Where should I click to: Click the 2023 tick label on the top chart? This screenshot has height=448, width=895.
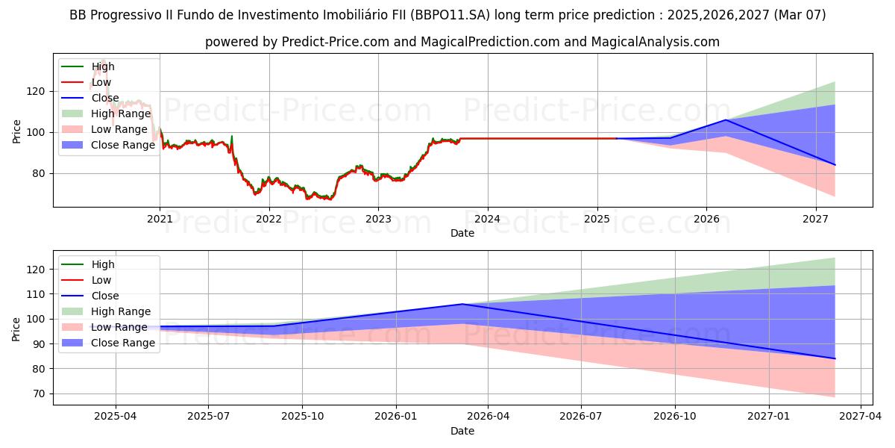tap(378, 219)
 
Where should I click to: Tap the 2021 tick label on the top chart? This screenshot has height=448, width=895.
tap(160, 219)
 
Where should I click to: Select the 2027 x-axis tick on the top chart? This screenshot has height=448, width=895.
tap(816, 219)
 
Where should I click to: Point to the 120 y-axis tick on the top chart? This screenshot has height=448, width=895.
tap(39, 91)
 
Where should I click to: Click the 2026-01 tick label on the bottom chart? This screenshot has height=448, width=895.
tap(396, 417)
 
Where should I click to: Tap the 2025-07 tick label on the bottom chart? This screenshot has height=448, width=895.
tap(209, 417)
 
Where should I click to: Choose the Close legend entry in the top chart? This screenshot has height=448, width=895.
tap(104, 98)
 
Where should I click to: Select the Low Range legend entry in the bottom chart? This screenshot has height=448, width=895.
tap(119, 327)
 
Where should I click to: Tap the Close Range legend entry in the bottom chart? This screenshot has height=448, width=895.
tap(122, 343)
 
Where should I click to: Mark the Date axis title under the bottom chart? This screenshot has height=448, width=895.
tap(462, 431)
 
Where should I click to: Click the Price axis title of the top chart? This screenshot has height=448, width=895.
tap(16, 131)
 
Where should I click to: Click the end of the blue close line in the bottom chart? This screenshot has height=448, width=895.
tap(835, 358)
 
